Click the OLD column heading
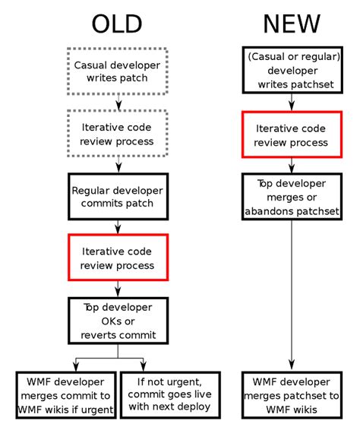pyautogui.click(x=117, y=24)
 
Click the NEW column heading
pyautogui.click(x=292, y=24)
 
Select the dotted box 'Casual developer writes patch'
pyautogui.click(x=117, y=71)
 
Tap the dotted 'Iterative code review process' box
pyautogui.click(x=117, y=133)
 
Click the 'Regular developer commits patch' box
pyautogui.click(x=117, y=196)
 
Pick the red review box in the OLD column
pyautogui.click(x=117, y=258)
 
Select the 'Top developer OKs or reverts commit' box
pyautogui.click(x=117, y=320)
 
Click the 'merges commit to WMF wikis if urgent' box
pyautogui.click(x=66, y=394)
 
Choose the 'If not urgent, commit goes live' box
pyautogui.click(x=169, y=394)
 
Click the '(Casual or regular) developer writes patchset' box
pyautogui.click(x=292, y=70)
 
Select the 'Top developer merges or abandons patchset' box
pyautogui.click(x=292, y=197)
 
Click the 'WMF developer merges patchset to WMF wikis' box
pyautogui.click(x=292, y=394)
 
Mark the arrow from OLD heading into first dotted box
pyautogui.click(x=117, y=42)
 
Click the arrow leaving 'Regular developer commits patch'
pyautogui.click(x=117, y=226)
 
